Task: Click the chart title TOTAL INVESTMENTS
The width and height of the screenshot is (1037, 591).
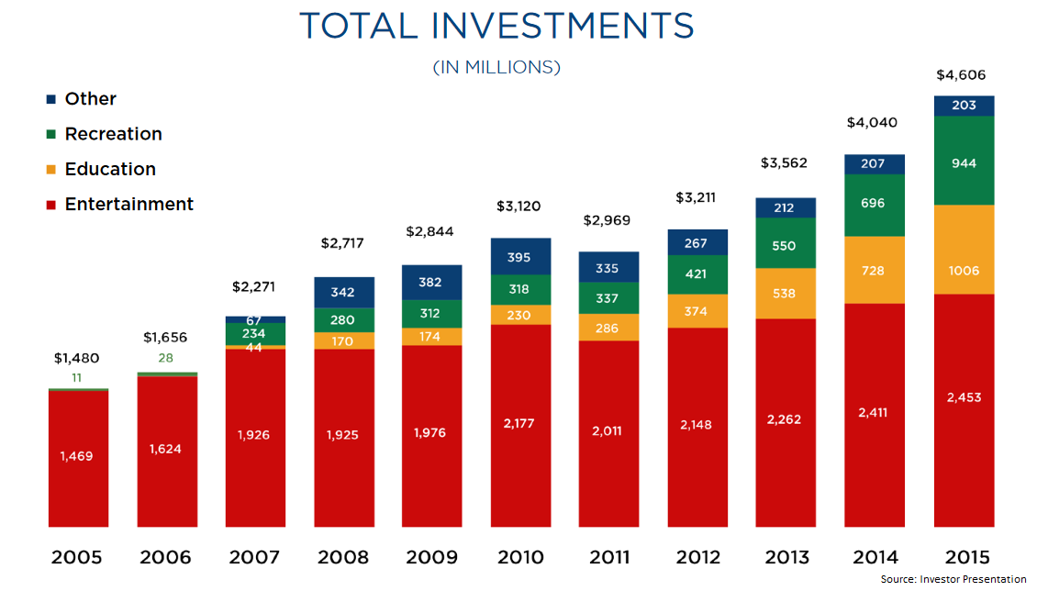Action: click(496, 26)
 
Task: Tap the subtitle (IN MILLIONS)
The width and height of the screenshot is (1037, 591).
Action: click(496, 68)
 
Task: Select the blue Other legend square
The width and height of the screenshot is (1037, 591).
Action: click(51, 99)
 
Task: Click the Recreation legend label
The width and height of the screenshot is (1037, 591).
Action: click(113, 134)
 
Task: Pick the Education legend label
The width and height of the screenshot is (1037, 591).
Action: click(110, 169)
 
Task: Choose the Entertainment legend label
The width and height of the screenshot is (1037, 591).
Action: click(128, 204)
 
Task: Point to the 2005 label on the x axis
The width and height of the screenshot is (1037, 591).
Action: click(78, 557)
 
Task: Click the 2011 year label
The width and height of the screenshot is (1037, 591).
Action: click(608, 557)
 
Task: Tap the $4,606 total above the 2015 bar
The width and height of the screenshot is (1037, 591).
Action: click(961, 75)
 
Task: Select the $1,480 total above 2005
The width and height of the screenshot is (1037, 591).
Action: click(76, 358)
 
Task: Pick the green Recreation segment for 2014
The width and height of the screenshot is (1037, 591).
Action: click(875, 205)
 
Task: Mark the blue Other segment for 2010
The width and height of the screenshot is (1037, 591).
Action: click(520, 256)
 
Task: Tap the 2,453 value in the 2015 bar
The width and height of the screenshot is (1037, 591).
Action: click(965, 397)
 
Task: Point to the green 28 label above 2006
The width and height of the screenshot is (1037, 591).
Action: click(165, 358)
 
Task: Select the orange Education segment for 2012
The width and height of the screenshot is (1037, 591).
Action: click(697, 311)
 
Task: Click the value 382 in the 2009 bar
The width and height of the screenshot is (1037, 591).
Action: click(431, 282)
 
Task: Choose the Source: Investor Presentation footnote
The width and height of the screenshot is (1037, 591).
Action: click(953, 579)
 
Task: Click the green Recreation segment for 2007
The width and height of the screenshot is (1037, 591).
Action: click(255, 334)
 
